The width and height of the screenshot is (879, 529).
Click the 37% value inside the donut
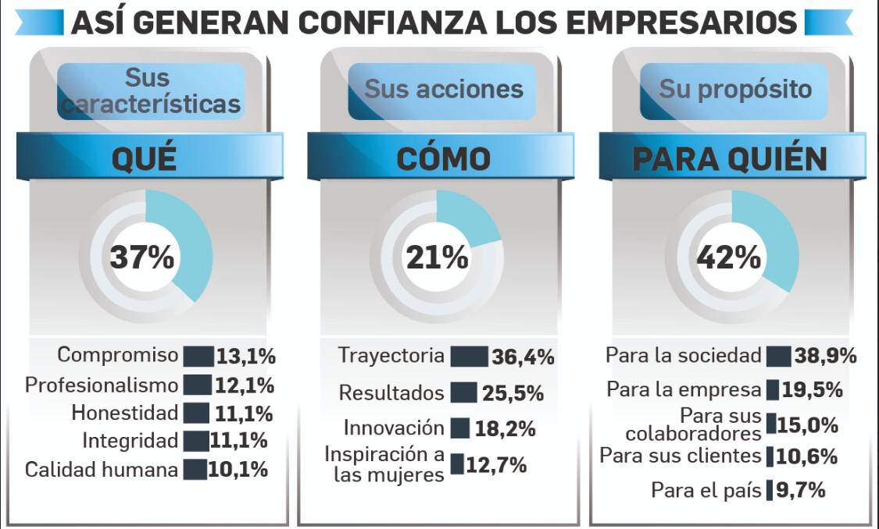[x=142, y=257]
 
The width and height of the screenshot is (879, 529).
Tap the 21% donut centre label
[x=437, y=257]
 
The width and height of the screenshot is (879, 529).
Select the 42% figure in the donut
[x=729, y=257]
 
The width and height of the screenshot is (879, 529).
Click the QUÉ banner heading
[x=144, y=159]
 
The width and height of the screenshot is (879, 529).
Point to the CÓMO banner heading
[x=443, y=159]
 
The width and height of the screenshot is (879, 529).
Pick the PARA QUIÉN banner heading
[x=730, y=159]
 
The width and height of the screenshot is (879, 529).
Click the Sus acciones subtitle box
[x=443, y=90]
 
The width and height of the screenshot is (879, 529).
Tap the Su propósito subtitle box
[x=734, y=90]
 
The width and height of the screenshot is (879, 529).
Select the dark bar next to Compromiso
[x=198, y=357]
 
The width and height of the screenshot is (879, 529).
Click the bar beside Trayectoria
[x=469, y=357]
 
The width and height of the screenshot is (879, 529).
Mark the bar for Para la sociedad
[x=778, y=357]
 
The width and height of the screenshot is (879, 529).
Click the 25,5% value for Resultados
[x=513, y=393]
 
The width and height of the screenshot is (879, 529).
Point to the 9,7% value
[x=801, y=490]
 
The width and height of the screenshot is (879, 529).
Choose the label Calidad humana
[x=102, y=470]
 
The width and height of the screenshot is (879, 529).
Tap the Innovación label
[x=394, y=428]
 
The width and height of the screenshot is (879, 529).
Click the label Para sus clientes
[x=680, y=456]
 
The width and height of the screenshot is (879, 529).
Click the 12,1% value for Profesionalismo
[x=245, y=385]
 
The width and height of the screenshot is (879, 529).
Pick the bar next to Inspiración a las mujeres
[x=457, y=465]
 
